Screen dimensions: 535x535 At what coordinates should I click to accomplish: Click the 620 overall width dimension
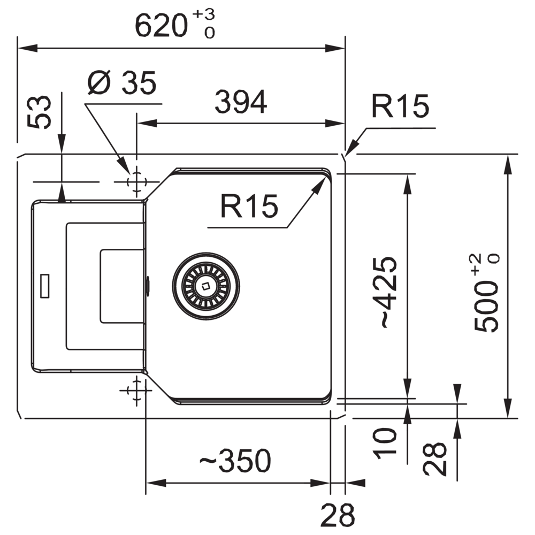click(160, 26)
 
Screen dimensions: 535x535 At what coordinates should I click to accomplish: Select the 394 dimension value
click(241, 102)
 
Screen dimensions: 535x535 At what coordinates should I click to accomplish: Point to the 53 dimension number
click(40, 112)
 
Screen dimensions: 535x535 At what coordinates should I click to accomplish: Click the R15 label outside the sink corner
click(401, 106)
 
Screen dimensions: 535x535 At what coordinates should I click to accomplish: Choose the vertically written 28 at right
click(435, 458)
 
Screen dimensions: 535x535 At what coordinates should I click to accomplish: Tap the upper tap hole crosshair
click(136, 181)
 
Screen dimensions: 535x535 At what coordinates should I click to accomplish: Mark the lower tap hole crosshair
click(136, 390)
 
